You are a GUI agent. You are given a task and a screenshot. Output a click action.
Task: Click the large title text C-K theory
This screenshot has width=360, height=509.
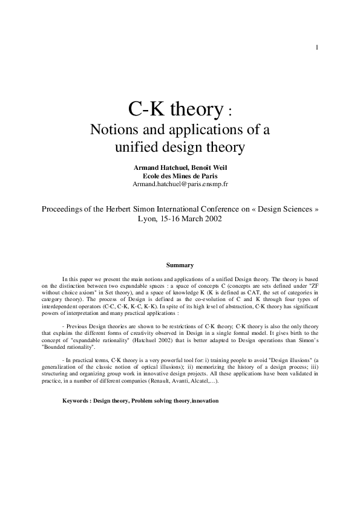pyautogui.click(x=175, y=109)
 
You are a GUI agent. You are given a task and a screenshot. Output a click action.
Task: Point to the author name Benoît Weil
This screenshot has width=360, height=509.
pyautogui.click(x=205, y=166)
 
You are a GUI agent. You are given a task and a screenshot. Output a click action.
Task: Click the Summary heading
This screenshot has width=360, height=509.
pyautogui.click(x=180, y=264)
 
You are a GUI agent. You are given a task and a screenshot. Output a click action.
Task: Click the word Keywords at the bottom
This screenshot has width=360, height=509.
pyautogui.click(x=75, y=401)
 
